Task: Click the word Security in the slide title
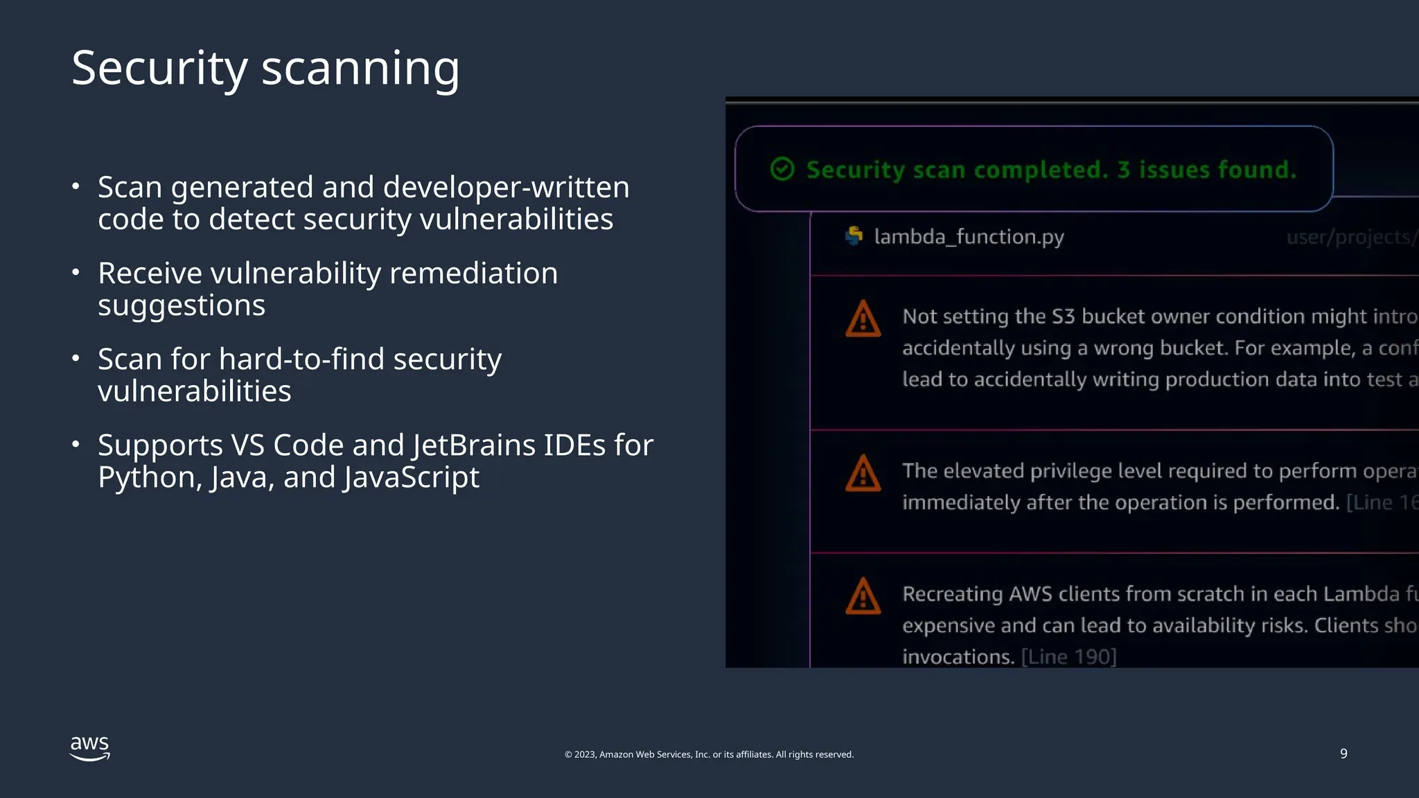[159, 69]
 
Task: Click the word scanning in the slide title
[360, 69]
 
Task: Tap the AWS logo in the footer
[90, 748]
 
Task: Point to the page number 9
[1343, 754]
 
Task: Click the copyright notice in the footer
[709, 754]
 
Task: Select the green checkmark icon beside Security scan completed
[782, 169]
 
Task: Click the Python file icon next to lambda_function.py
[854, 236]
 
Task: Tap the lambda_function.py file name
[969, 237]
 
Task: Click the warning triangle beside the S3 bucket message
[863, 319]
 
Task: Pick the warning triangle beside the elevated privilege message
[863, 474]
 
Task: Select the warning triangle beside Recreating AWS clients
[863, 597]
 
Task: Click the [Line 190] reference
[1068, 657]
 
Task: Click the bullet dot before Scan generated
[76, 186]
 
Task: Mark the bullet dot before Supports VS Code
[76, 443]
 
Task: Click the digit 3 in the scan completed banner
[1123, 170]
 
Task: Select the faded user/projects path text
[1351, 237]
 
